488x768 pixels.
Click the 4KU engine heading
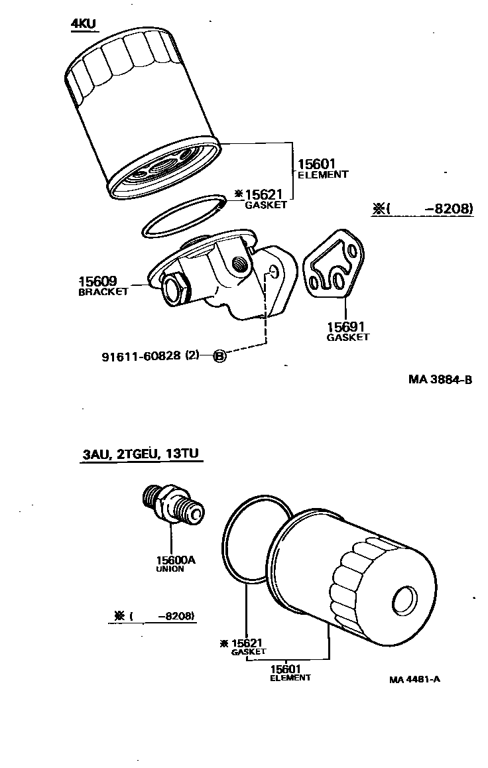pos(84,25)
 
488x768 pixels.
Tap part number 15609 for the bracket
pos(98,282)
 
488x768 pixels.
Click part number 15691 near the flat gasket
pos(346,327)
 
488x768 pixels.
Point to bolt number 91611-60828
pos(141,356)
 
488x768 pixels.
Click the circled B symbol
pos(220,356)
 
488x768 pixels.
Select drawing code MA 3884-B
pos(440,379)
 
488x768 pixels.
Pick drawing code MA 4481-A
pos(414,680)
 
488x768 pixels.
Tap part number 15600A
pos(176,560)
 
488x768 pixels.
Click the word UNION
pos(170,569)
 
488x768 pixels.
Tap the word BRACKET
pos(103,292)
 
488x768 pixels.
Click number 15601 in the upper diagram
pos(317,164)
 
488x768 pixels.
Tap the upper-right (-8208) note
pos(422,209)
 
